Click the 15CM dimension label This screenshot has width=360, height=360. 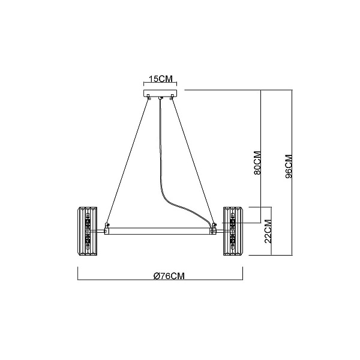pos(161,79)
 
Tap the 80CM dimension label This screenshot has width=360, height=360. pos(257,163)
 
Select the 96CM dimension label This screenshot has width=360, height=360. pos(289,167)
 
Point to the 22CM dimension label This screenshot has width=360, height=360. pos(268,231)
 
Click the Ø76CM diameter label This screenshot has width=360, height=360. pos(169,276)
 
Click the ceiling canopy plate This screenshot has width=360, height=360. pos(160,93)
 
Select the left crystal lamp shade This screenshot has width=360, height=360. pos(88,231)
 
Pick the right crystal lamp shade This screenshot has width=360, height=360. pos(233,231)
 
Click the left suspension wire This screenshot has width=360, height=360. pos(127,161)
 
